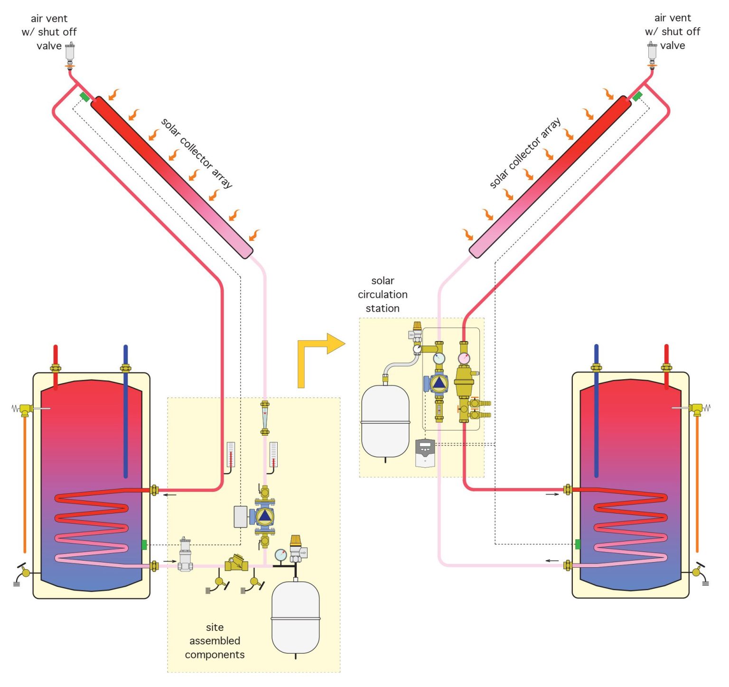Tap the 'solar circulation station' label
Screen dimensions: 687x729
[383, 295]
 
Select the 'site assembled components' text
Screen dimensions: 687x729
[215, 641]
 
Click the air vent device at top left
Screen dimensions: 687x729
[70, 52]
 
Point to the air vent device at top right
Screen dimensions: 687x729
[652, 51]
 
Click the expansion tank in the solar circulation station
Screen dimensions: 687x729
[385, 421]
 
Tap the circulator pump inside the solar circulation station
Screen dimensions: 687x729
[439, 383]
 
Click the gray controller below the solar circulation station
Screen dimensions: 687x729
[425, 453]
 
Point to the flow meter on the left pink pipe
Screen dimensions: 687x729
[265, 418]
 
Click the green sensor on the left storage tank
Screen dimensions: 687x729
[144, 544]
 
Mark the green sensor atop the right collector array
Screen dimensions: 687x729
[637, 96]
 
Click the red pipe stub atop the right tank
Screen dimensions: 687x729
[666, 354]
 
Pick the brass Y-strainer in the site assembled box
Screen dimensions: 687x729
[236, 563]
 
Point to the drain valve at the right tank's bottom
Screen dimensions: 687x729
[698, 572]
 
